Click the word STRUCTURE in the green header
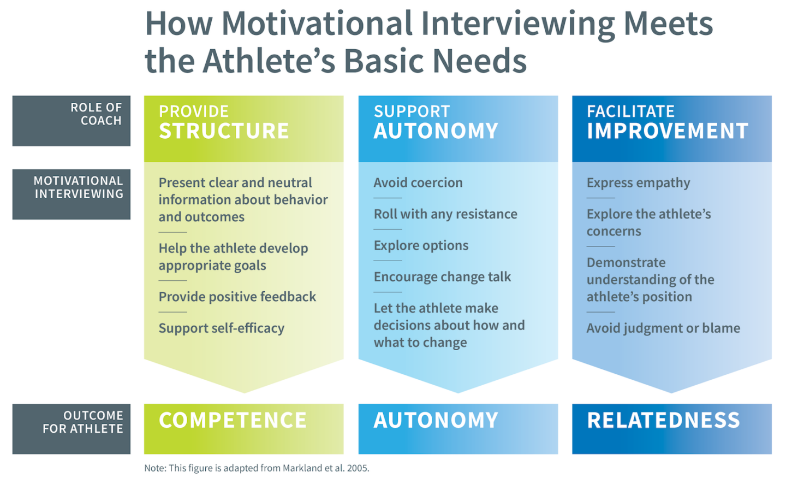[224, 131]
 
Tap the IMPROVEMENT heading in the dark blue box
[668, 131]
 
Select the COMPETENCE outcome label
[233, 420]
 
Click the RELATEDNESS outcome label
[664, 420]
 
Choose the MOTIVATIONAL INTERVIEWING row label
[78, 187]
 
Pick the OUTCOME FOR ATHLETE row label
[83, 422]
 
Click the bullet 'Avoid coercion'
[418, 182]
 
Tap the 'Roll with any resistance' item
[445, 214]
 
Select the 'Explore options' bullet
[421, 245]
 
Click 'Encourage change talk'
[442, 277]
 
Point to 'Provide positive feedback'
[237, 297]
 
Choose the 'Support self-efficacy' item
[222, 328]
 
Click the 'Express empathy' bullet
[638, 182]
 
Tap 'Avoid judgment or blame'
[663, 328]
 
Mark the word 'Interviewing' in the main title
[518, 24]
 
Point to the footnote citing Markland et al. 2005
[257, 468]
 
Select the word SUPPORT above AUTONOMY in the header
[412, 111]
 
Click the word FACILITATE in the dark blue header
[630, 111]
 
